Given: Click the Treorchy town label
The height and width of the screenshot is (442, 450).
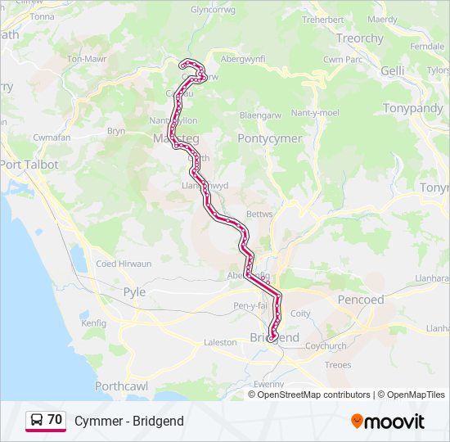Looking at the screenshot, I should pos(359,38).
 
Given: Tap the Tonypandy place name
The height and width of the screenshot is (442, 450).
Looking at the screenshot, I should pos(413,108).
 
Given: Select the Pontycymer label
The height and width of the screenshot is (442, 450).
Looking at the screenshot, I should pos(270,138).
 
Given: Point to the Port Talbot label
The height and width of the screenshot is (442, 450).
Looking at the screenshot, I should pos(29,165).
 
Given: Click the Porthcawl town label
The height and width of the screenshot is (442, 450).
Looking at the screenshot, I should pos(120,386).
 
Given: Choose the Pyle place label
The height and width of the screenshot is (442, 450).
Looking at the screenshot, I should pos(134,291).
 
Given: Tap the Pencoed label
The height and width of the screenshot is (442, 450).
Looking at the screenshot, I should pos(361,300).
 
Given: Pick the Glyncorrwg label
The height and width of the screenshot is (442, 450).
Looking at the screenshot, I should pos(212,10).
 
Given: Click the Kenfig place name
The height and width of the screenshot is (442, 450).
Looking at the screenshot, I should pos(94,323).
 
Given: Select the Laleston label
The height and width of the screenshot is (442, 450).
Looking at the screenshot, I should pos(220,342).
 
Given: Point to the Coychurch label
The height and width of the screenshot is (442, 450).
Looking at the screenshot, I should pos(326,345).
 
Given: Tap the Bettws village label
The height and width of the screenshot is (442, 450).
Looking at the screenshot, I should pos(259,214).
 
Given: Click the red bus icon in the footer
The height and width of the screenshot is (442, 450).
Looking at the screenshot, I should pos(37,421).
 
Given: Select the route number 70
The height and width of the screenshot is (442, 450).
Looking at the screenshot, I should pos(55,420).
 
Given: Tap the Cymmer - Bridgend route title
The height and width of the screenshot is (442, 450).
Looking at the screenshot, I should pos(128,422).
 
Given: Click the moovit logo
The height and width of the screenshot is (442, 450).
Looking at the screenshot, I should pos(388,422).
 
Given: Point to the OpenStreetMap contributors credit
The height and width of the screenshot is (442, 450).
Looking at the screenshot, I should pos(313,395).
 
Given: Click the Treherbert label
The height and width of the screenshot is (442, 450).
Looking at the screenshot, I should pos(322,19).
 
